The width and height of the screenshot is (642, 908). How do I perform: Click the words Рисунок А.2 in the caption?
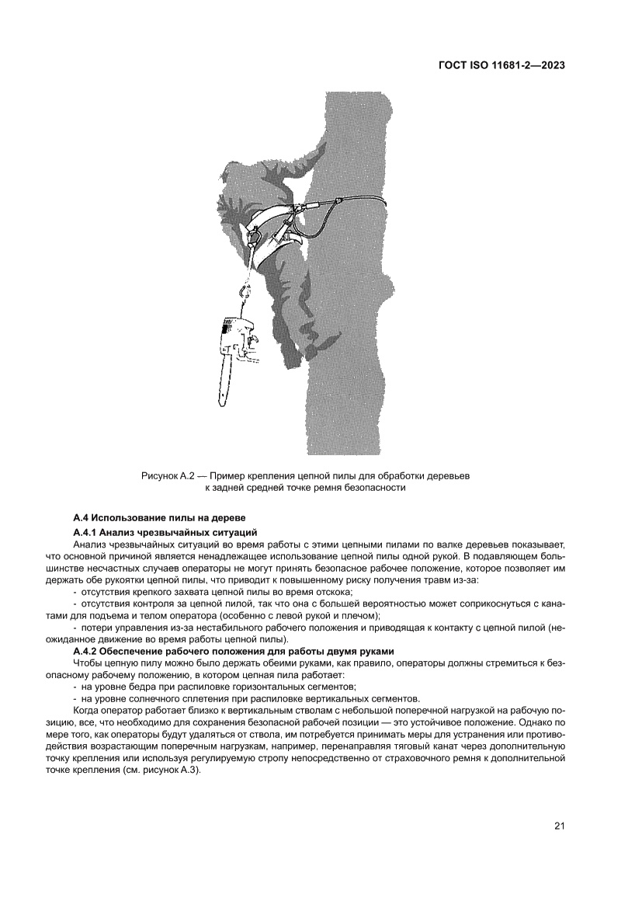click(168, 474)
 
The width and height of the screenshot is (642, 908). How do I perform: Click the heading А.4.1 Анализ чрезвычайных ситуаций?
click(165, 532)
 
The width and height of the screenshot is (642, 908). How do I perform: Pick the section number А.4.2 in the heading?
click(86, 649)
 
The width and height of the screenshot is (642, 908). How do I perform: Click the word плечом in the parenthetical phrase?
click(362, 616)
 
